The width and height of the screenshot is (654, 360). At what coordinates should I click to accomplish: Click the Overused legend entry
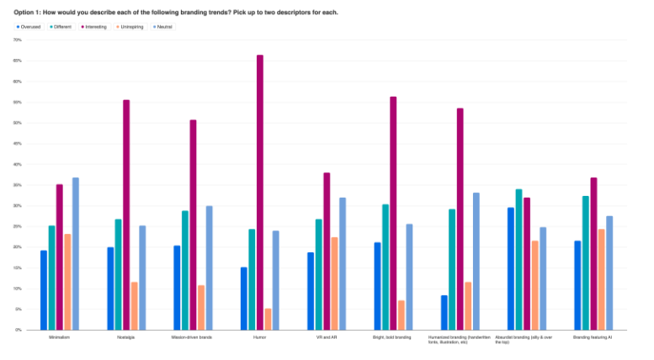click(32, 27)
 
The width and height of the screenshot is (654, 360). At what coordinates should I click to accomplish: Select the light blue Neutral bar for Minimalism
click(76, 253)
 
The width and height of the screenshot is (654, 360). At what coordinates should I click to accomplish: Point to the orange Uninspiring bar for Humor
click(269, 319)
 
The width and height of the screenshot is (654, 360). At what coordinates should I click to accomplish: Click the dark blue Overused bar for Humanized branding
click(444, 312)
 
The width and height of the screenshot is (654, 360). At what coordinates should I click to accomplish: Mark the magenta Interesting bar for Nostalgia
click(126, 214)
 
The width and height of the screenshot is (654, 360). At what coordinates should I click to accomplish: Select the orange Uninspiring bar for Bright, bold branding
click(401, 315)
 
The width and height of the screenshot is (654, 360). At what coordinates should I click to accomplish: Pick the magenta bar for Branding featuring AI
click(593, 253)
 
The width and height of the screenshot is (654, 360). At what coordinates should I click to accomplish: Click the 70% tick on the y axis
click(18, 40)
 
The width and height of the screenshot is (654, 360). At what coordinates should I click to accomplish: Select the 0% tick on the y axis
click(19, 330)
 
